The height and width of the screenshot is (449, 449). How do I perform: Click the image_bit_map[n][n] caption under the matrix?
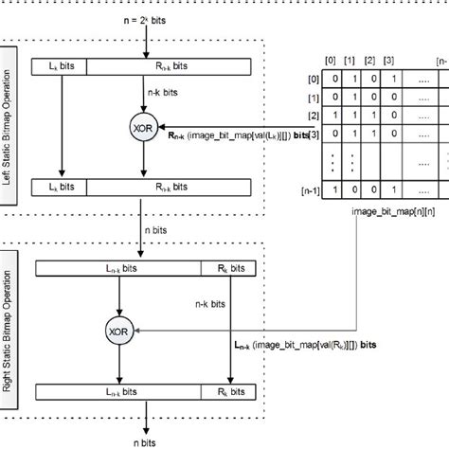[364, 224]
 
